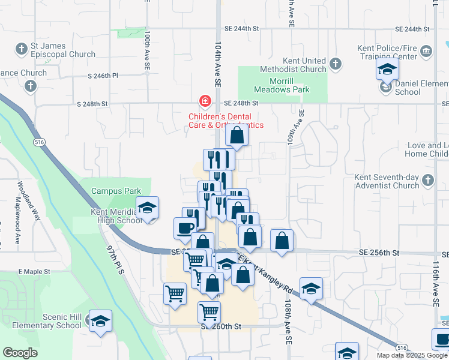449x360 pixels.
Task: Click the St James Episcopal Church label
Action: coord(63,50)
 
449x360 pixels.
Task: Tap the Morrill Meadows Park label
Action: coord(281,85)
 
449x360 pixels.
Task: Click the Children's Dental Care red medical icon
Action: coord(205,100)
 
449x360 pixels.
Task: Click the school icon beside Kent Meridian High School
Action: coord(147,208)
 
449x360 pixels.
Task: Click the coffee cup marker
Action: coord(185,227)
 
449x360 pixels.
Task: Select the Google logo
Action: coord(20,353)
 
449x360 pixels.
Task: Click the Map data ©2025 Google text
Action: coord(411,355)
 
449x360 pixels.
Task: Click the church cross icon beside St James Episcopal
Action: coord(22,48)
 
